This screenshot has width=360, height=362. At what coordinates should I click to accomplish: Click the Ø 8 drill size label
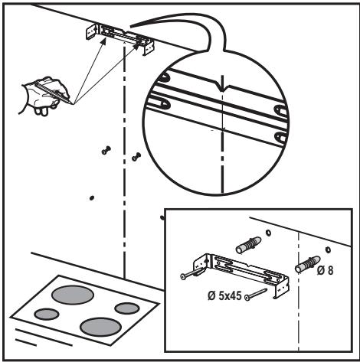[x=325, y=270]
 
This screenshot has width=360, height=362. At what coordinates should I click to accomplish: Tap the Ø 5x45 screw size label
[x=224, y=296]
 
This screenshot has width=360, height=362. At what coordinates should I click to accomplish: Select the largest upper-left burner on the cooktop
[x=73, y=295]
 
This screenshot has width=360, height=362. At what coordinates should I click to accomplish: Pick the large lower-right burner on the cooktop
[x=100, y=327]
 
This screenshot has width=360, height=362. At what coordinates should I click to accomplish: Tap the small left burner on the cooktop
[x=47, y=314]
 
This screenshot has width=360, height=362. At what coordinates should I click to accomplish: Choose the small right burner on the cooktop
[x=127, y=308]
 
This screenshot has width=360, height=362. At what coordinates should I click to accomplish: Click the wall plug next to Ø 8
[x=307, y=264]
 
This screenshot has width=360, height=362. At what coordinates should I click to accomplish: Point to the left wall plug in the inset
[x=248, y=246]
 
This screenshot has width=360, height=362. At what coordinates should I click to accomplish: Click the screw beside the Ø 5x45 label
[x=256, y=294]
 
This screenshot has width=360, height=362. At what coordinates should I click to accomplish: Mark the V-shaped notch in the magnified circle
[x=223, y=87]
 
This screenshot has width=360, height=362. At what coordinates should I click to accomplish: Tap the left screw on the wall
[x=106, y=150]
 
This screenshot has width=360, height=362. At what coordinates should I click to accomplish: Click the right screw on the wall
[x=136, y=157]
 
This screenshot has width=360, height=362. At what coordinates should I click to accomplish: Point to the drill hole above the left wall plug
[x=268, y=233]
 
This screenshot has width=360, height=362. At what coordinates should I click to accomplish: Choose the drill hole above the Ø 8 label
[x=328, y=249]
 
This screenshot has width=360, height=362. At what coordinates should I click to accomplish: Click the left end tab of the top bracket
[x=90, y=32]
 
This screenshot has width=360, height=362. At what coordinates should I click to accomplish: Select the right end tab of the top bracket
[x=149, y=48]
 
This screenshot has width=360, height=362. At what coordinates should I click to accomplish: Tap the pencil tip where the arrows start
[x=72, y=104]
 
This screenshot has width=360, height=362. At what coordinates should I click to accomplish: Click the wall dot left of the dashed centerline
[x=91, y=197]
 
